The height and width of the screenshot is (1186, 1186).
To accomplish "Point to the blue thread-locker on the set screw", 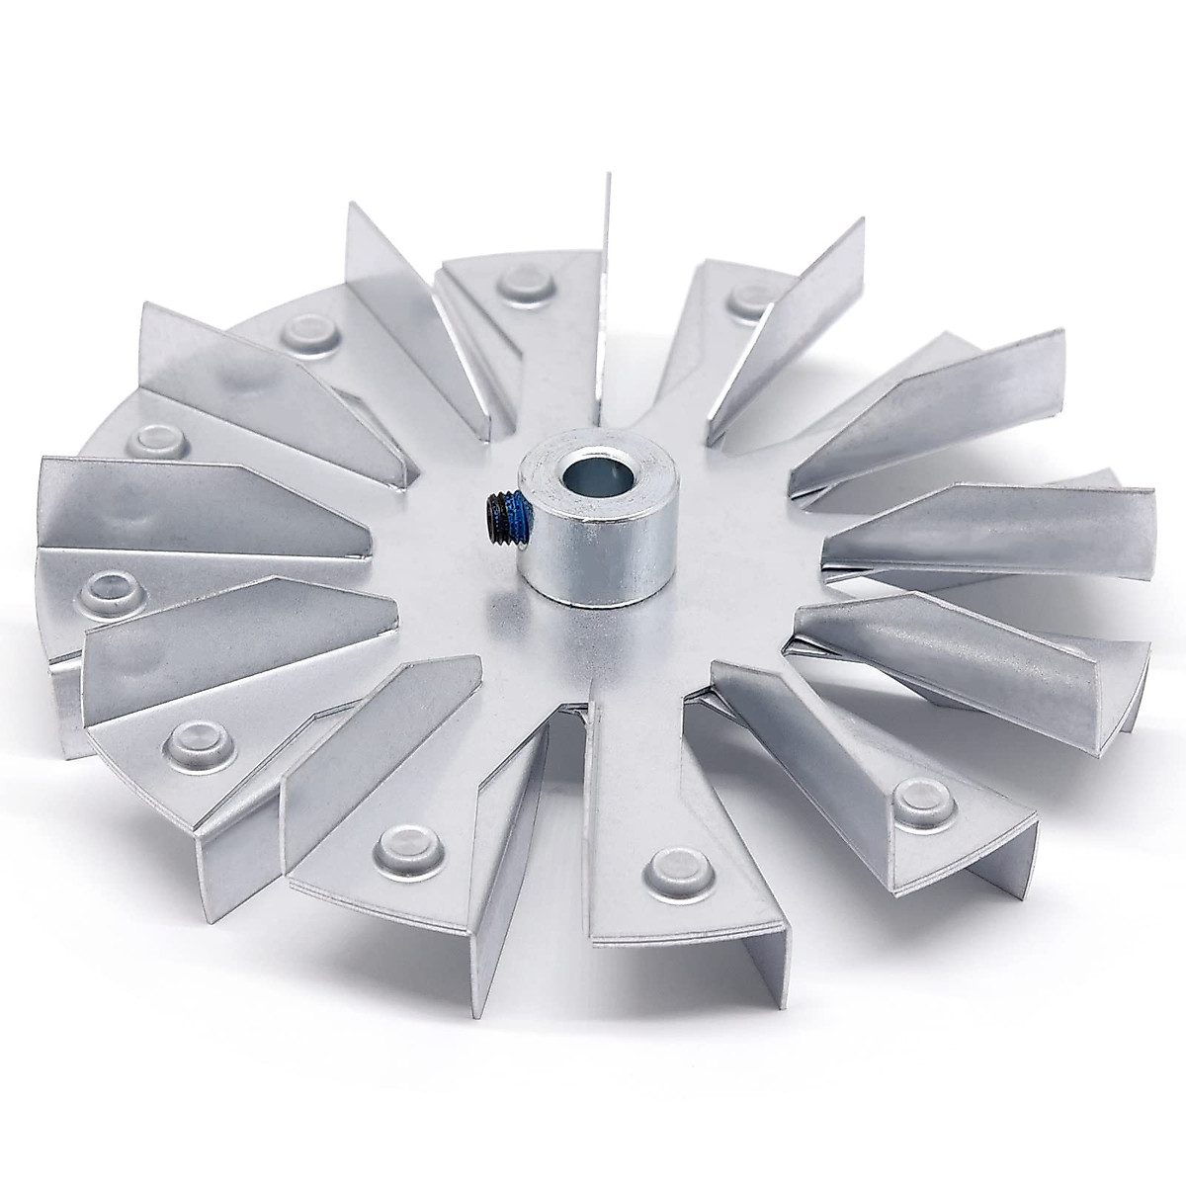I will point(515,515).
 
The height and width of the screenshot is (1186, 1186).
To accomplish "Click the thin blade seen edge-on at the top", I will point(601,277).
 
